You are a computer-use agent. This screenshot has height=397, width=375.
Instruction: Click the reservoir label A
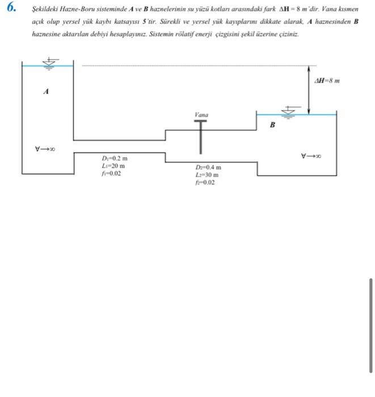coord(46,91)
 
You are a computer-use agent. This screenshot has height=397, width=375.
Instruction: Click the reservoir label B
coord(272,125)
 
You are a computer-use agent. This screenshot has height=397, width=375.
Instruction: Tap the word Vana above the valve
coord(201,115)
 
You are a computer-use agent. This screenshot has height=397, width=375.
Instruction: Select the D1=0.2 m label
coord(115,158)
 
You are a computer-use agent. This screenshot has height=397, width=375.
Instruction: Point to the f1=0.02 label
coord(111,174)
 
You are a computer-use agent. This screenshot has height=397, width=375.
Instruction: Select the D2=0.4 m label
coord(208,168)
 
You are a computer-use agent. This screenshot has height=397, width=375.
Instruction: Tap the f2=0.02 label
coord(205,183)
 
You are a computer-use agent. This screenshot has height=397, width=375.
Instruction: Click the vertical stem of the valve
coord(201,140)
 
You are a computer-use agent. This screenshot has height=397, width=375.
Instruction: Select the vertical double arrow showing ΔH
coord(309,88)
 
